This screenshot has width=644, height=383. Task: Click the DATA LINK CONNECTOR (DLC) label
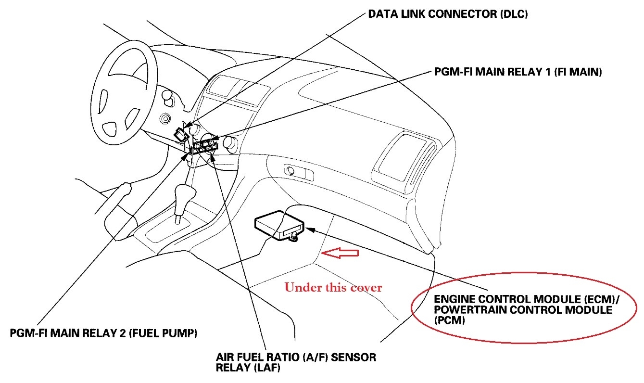(x=448, y=15)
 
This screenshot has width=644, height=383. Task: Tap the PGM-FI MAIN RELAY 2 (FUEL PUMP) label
(x=103, y=333)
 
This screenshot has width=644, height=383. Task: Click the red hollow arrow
(x=341, y=253)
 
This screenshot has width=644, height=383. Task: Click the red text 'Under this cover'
(x=333, y=288)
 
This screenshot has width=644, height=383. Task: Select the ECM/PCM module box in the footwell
(x=279, y=226)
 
